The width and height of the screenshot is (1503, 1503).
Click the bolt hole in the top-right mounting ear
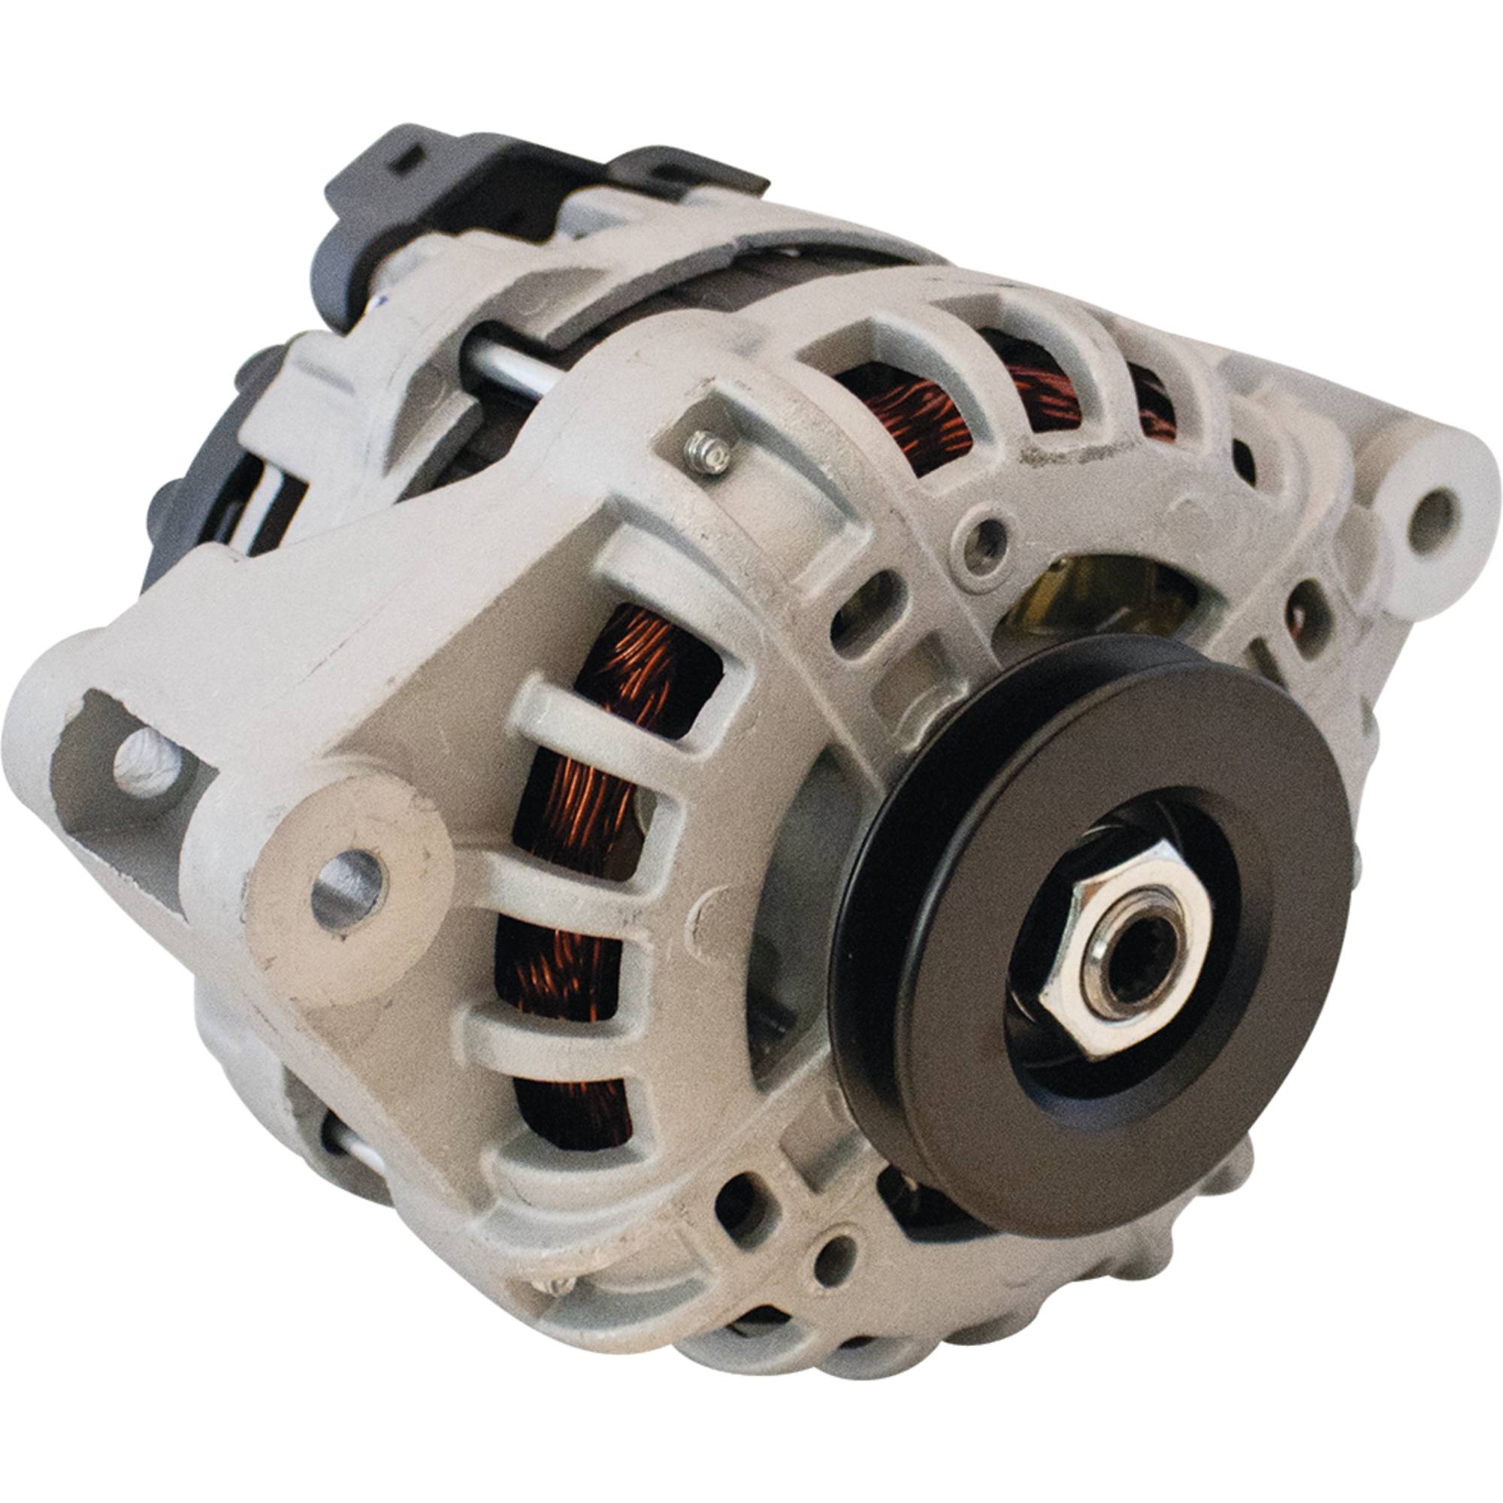(1430, 513)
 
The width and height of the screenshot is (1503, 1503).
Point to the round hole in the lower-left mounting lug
(349, 888)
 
